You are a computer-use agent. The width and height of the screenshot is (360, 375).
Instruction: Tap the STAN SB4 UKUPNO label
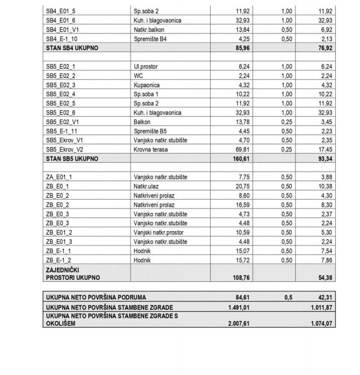72,48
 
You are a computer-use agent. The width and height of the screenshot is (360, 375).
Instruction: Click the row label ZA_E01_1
59,177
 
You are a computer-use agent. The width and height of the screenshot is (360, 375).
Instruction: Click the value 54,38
324,278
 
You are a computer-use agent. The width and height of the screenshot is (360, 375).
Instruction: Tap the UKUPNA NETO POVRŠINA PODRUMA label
96,298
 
